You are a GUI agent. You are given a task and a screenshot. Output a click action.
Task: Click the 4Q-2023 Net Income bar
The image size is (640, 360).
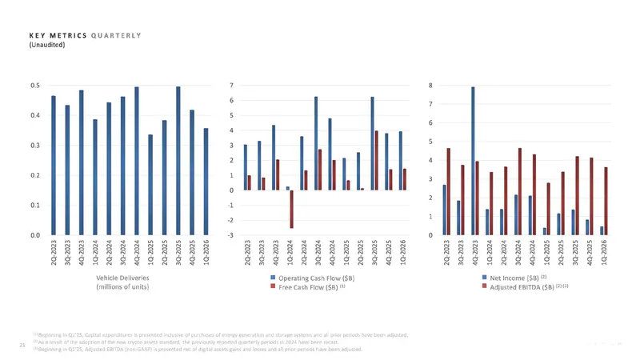473,161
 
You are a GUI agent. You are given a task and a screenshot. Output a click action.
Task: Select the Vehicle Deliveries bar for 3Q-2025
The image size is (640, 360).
178,160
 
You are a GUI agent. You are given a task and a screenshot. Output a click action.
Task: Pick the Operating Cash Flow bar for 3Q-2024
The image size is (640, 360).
316,143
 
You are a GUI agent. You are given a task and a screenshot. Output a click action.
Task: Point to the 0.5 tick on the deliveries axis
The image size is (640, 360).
36,85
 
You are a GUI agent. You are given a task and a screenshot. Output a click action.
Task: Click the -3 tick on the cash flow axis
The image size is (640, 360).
231,235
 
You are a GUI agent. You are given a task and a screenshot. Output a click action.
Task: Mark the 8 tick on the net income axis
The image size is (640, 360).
430,85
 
